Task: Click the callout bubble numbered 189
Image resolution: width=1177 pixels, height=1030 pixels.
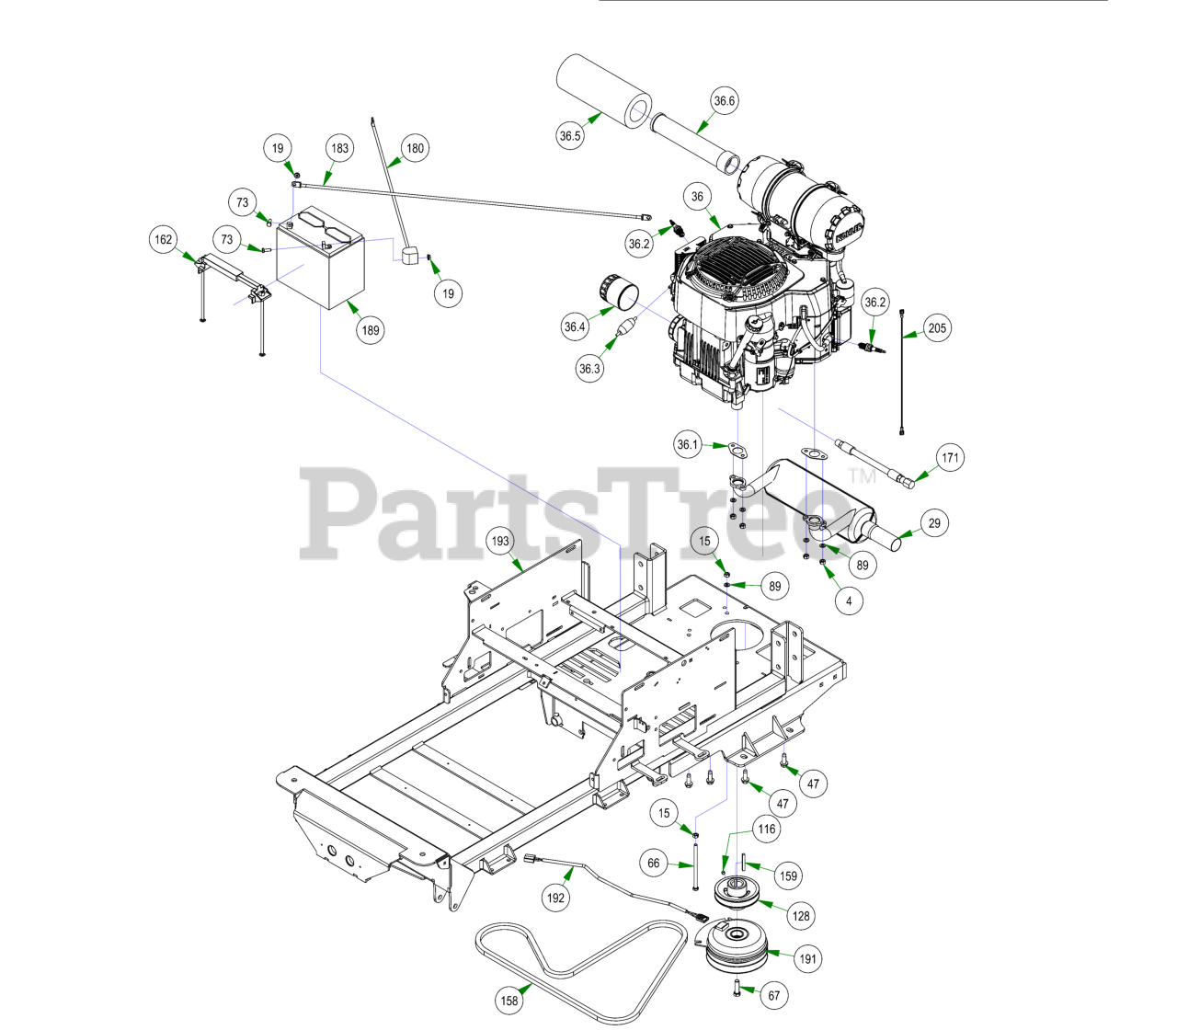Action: click(x=371, y=330)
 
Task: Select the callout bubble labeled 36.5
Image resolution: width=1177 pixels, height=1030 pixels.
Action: click(x=570, y=136)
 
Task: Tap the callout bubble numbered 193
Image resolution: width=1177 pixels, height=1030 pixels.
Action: click(x=500, y=541)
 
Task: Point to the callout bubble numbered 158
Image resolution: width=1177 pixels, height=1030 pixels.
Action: click(x=509, y=1001)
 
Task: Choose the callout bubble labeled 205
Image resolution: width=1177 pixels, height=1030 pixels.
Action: click(x=937, y=328)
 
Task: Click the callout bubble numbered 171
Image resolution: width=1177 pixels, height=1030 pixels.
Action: click(x=950, y=457)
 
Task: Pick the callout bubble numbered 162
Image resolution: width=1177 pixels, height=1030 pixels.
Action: click(x=164, y=240)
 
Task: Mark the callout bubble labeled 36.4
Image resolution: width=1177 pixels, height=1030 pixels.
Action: click(x=575, y=326)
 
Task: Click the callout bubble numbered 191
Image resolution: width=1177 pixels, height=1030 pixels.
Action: click(x=807, y=959)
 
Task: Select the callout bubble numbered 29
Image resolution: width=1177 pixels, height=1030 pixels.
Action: click(x=934, y=523)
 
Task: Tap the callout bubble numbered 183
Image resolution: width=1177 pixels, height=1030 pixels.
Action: click(x=340, y=148)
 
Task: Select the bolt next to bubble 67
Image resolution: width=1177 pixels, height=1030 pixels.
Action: click(x=737, y=989)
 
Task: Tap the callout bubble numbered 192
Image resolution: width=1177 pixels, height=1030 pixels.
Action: click(x=555, y=898)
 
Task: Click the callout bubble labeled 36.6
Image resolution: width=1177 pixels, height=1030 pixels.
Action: click(x=725, y=101)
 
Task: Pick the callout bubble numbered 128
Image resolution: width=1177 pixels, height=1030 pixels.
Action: click(x=801, y=916)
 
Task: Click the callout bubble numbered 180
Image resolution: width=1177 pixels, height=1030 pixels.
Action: click(x=416, y=148)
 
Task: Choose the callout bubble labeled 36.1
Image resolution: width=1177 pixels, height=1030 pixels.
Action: click(x=688, y=444)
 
